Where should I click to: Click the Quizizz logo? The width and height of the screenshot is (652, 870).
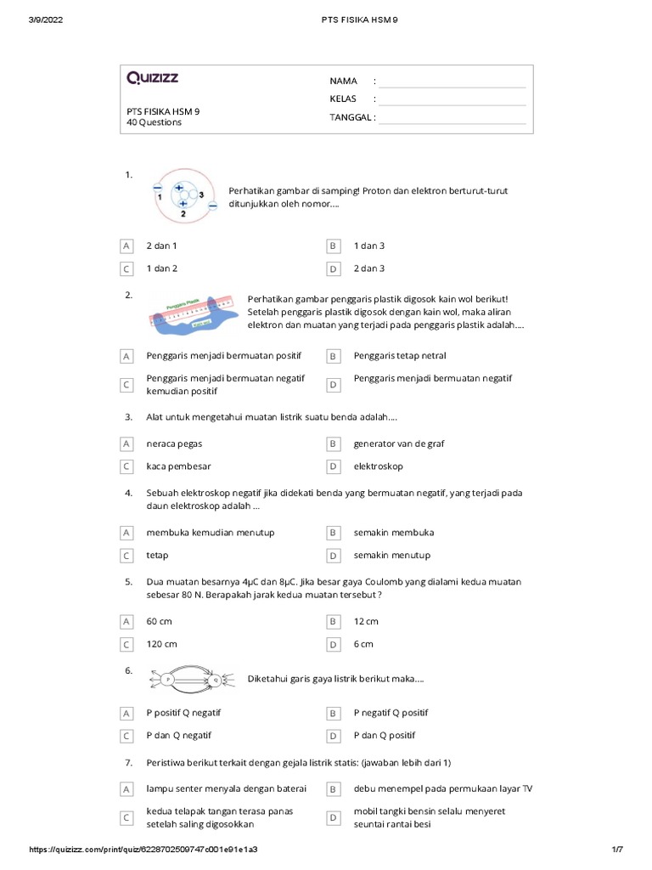pos(153,78)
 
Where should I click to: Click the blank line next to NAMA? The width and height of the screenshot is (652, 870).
pos(452,82)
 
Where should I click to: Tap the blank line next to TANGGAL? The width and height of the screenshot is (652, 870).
pos(452,118)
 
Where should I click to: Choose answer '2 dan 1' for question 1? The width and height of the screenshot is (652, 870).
pos(161,246)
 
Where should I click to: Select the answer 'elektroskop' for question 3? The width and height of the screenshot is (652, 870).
pos(378,466)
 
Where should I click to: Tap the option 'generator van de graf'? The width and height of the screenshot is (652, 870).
pos(399,443)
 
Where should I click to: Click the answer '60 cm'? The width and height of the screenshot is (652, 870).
pos(159,621)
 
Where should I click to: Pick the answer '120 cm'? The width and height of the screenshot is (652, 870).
pos(161,644)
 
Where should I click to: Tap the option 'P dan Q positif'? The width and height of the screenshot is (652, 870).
pos(385,735)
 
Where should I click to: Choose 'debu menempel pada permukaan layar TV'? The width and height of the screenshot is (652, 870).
pos(442,788)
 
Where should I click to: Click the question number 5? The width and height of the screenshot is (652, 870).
pos(128,582)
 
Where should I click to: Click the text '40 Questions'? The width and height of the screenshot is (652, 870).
pos(154,122)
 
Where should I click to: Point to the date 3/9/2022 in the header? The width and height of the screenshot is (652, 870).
pos(48,20)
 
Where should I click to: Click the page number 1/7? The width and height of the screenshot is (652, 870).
pos(617,850)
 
